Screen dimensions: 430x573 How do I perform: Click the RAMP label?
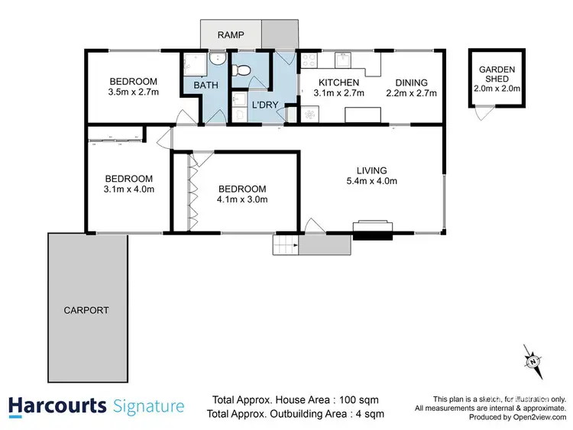click(230, 35)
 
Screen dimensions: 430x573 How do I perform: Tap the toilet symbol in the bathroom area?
click(243, 71)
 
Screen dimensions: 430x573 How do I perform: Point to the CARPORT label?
click(86, 311)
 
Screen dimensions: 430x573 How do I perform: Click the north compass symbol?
click(533, 360)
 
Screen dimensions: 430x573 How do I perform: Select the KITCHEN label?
click(338, 82)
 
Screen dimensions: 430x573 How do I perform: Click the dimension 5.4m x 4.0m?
click(371, 181)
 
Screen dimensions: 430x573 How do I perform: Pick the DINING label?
click(411, 82)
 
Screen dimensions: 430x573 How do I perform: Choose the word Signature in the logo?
click(148, 406)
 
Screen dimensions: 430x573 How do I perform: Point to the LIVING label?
click(371, 170)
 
